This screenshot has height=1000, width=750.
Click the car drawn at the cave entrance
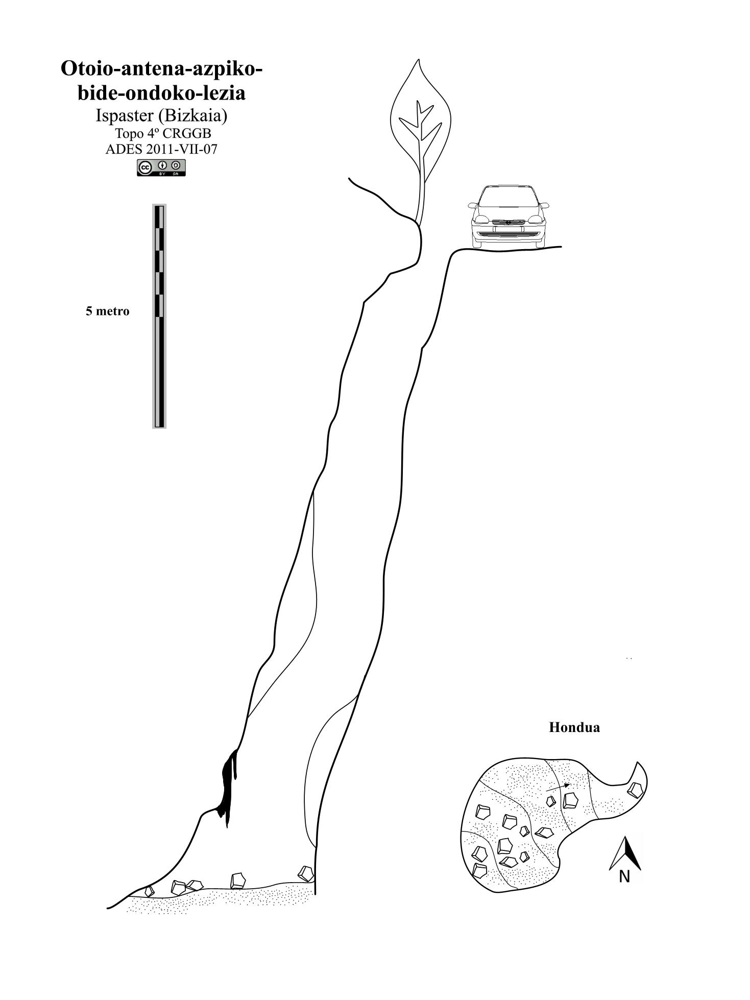point(509,216)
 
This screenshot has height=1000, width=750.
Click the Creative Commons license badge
point(161,167)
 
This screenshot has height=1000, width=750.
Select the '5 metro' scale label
point(107,311)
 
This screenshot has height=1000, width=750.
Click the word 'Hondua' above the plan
point(574,727)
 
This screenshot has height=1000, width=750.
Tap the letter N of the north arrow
point(624,876)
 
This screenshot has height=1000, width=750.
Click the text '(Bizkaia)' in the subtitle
point(192,116)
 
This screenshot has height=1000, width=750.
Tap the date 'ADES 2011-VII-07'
point(161,149)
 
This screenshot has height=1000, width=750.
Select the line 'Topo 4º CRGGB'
point(163,133)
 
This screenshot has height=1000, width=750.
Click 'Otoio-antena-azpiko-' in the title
point(162,68)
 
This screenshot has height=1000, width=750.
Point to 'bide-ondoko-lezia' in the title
point(161,93)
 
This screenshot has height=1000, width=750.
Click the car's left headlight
point(481,219)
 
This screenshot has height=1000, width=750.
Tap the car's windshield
point(509,197)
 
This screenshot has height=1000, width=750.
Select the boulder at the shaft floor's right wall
point(306,873)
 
